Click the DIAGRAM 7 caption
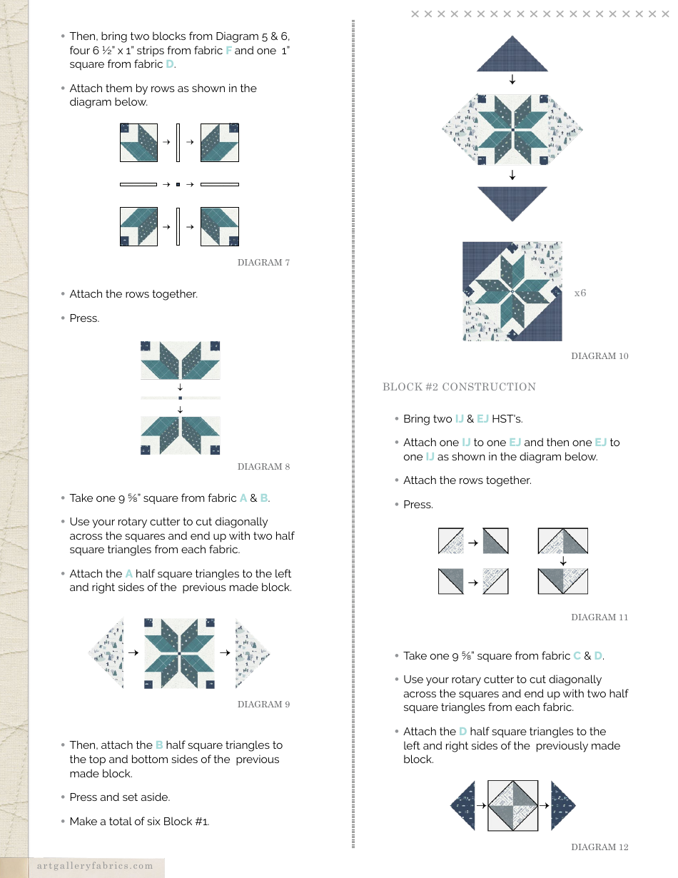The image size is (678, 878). [x=263, y=263]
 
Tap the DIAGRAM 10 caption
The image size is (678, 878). [x=599, y=356]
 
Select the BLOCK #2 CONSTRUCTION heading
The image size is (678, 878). [x=459, y=387]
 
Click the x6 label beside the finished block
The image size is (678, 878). [x=580, y=293]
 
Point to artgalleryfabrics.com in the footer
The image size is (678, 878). [x=96, y=866]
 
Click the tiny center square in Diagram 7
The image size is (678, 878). [x=178, y=184]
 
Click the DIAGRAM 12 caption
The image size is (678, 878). [x=599, y=847]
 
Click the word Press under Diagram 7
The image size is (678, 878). [x=84, y=318]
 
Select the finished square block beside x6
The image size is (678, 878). [x=512, y=291]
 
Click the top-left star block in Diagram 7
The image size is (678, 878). [x=138, y=142]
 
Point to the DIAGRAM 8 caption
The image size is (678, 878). [x=263, y=467]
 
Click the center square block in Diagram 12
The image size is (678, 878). [x=512, y=805]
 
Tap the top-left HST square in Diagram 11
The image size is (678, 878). [x=451, y=542]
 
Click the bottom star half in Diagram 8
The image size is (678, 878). [x=181, y=435]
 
